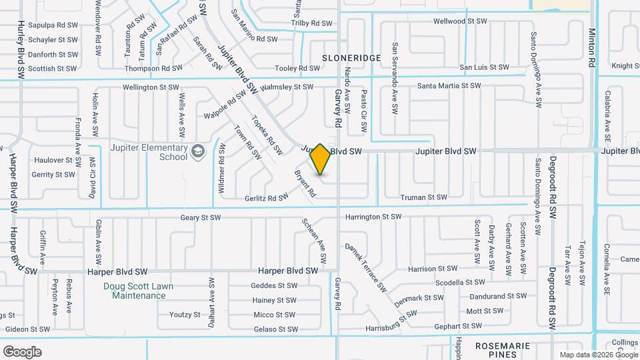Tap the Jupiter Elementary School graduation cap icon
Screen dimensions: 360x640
(197, 152)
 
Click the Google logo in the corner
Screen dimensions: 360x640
(22, 351)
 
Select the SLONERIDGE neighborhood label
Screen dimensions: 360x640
(351, 58)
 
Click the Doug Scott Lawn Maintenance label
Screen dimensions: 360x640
(139, 291)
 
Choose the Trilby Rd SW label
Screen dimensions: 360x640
(311, 23)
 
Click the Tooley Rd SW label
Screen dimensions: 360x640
(297, 68)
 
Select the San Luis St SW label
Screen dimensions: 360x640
(485, 67)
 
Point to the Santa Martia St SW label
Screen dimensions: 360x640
(449, 86)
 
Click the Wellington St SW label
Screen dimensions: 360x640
(151, 87)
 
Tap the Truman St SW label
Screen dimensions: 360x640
(423, 197)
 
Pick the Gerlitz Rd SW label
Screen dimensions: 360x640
(266, 197)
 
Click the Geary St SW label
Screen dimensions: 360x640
(200, 217)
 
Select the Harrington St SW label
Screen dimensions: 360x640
(373, 217)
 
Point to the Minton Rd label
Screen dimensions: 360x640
(591, 47)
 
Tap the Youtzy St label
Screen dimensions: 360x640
(185, 315)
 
